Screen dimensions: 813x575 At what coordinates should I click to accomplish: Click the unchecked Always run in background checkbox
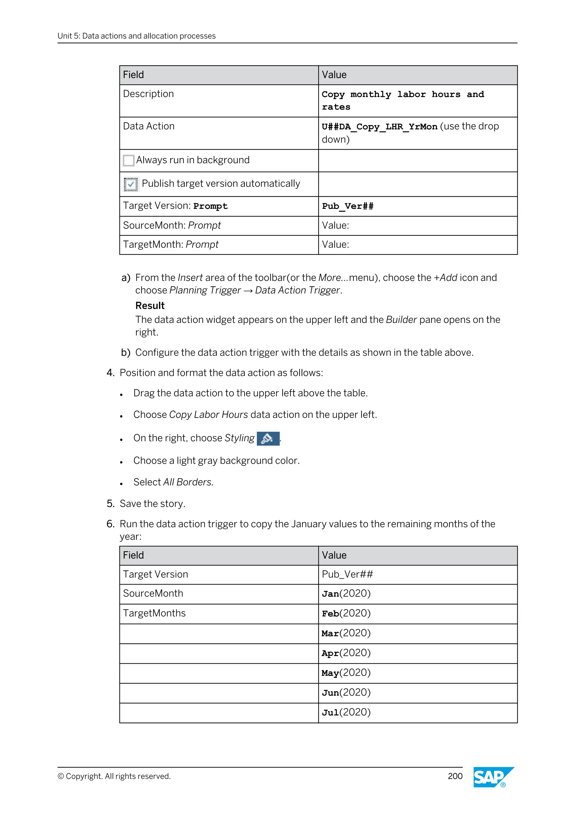tap(129, 160)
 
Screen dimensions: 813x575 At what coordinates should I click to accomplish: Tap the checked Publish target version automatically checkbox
tap(131, 184)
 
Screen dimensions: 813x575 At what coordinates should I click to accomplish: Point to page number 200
tap(455, 776)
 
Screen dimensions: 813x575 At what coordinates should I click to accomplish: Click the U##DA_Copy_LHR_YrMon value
tap(379, 127)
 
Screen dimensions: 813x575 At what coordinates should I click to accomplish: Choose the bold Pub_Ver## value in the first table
tap(347, 206)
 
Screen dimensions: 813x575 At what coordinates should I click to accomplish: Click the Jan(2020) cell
tap(346, 594)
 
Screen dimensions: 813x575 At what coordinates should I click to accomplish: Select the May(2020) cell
tap(346, 673)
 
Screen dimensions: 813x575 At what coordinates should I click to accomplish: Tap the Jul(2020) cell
tap(346, 713)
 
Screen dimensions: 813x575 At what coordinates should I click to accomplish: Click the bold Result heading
tap(150, 306)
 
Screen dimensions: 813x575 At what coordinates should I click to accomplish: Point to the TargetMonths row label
tap(154, 613)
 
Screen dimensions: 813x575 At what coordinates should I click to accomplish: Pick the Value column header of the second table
tap(334, 555)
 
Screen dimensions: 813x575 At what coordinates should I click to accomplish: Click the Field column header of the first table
tap(133, 75)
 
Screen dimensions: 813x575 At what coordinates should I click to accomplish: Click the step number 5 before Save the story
tap(110, 504)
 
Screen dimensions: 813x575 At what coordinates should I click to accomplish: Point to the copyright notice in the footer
tap(114, 776)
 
